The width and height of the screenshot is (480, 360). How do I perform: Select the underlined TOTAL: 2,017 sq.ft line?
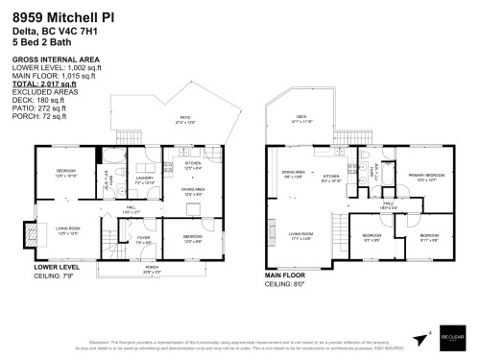[43, 84]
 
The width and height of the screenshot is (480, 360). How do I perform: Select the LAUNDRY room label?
[144, 180]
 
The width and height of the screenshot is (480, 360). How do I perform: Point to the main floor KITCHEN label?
[330, 178]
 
